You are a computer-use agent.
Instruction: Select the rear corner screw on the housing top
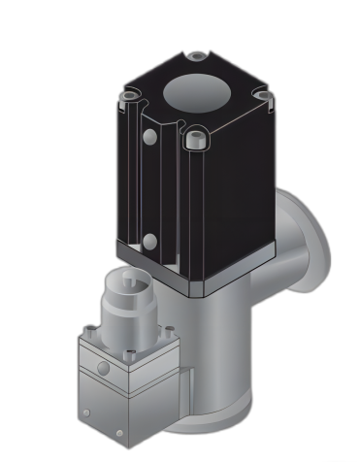point(197,57)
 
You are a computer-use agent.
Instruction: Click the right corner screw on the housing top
point(259,94)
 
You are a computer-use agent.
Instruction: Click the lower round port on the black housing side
point(148,242)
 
